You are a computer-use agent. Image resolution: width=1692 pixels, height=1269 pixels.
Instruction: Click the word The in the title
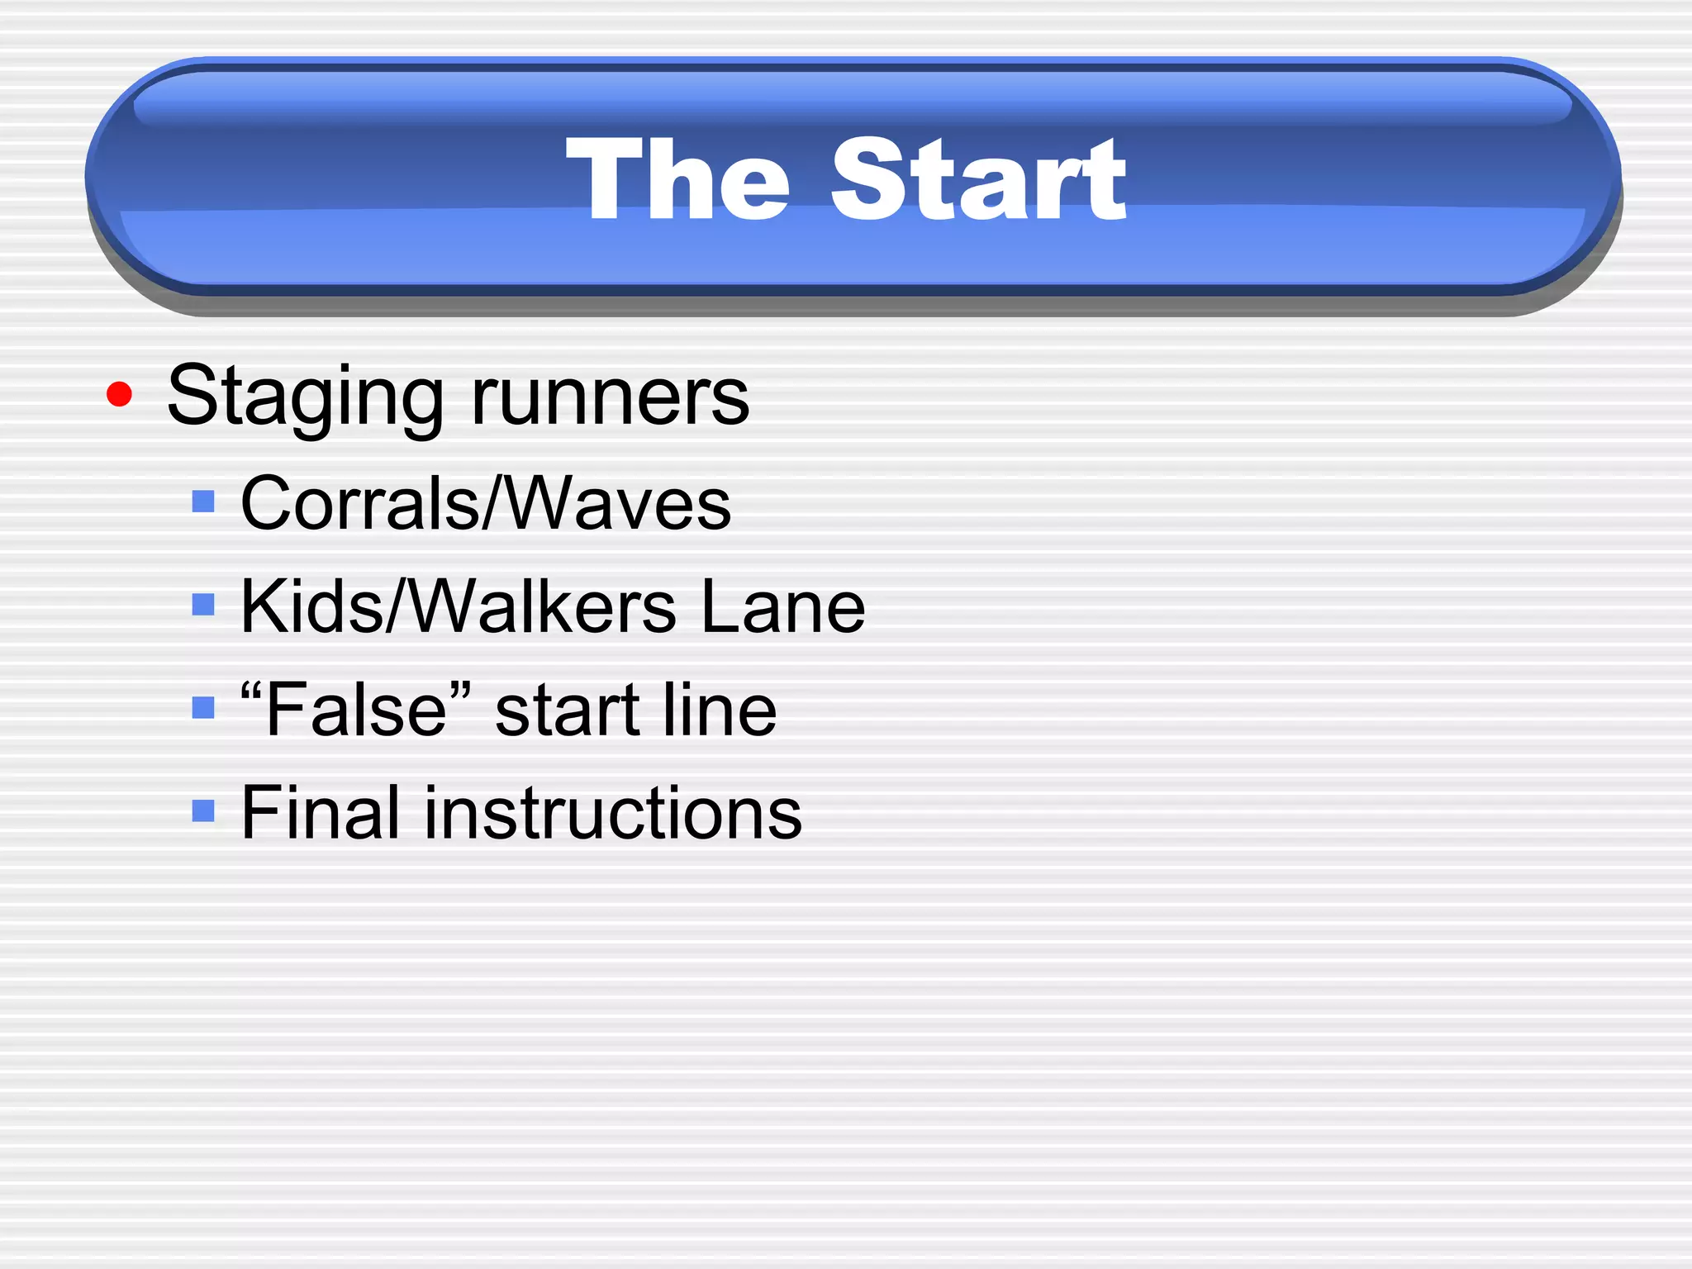click(x=677, y=179)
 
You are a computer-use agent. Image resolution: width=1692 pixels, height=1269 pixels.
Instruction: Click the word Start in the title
click(x=978, y=179)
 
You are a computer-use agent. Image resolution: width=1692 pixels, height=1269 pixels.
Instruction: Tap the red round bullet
click(x=120, y=394)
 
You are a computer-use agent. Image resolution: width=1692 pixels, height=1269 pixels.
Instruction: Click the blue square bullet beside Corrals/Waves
click(x=203, y=501)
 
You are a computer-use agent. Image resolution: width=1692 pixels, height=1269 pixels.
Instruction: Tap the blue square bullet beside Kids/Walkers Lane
click(x=203, y=606)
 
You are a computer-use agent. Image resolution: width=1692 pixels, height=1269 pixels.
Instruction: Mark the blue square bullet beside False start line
click(x=203, y=708)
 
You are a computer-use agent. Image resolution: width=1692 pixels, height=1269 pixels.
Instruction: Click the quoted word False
click(x=356, y=710)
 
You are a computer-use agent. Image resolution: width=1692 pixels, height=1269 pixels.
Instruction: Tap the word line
click(x=720, y=710)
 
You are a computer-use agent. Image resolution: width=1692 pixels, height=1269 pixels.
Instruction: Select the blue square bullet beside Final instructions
click(x=203, y=810)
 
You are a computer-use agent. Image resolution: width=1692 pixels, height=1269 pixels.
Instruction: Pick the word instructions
click(x=612, y=813)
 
